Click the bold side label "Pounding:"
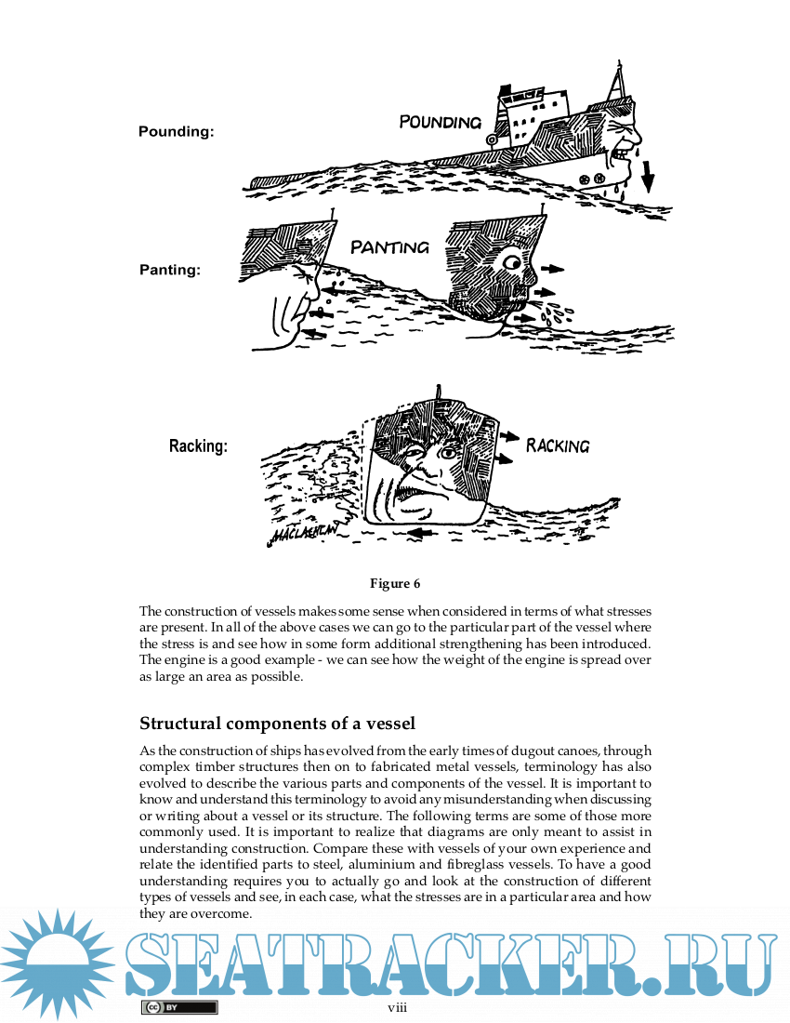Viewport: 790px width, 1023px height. click(x=176, y=132)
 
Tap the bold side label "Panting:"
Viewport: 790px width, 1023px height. click(x=170, y=271)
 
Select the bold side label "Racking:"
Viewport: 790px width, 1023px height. click(x=198, y=446)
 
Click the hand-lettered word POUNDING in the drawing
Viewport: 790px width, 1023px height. click(x=440, y=122)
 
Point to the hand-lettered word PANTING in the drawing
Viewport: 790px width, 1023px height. click(x=389, y=247)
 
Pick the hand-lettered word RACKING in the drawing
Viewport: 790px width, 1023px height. click(x=558, y=445)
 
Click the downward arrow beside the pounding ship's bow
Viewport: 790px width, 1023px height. click(x=647, y=176)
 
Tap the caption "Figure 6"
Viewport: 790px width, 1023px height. click(x=395, y=584)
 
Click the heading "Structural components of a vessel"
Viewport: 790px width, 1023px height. click(x=277, y=724)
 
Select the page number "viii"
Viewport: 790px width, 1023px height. click(x=397, y=1007)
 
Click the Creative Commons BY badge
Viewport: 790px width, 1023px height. click(x=179, y=1007)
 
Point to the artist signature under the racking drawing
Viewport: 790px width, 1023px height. click(x=305, y=534)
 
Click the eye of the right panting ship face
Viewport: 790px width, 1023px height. click(x=511, y=261)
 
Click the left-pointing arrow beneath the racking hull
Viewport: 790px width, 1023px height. click(x=424, y=534)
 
